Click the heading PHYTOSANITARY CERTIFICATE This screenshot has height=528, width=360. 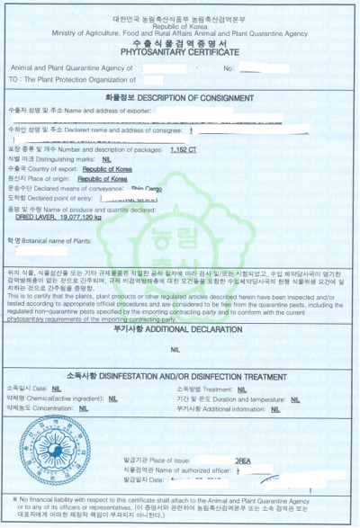[179, 53]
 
